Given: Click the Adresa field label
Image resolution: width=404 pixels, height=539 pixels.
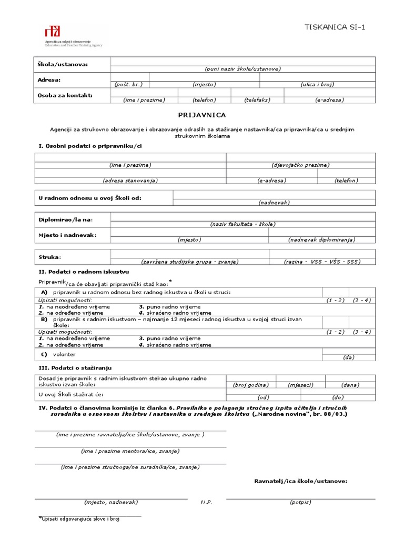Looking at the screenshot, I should pos(50,79).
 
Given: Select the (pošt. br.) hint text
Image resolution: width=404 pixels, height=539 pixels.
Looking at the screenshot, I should pos(129,84).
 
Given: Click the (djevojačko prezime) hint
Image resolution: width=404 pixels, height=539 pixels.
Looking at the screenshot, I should pos(301,165).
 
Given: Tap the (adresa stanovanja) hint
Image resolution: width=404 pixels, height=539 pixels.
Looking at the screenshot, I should pos(130,180).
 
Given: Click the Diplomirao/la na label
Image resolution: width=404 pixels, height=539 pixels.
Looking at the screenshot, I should pos(66,219).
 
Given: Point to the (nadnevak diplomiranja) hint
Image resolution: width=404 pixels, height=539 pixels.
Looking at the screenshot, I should pos(322,239).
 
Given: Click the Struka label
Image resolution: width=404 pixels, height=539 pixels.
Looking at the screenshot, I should pos(50,257).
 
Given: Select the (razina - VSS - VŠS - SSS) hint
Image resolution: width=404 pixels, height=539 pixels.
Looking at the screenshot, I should pos(322,261).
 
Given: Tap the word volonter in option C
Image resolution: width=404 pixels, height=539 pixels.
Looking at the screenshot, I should pos(64,354).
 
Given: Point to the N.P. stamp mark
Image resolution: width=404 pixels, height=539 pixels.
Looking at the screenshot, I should pos(206,502).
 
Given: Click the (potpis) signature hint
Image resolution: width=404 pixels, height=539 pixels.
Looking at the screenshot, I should pos(301,502).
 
